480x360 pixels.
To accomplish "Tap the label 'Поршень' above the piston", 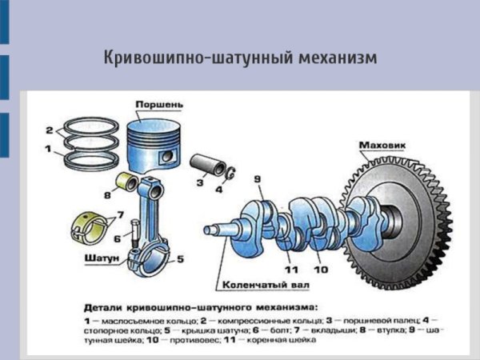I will tap(160, 105).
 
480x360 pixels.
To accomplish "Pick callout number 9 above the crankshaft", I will tap(257, 178).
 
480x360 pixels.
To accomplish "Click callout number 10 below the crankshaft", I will tap(321, 270).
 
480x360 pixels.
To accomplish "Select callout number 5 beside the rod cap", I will tap(180, 259).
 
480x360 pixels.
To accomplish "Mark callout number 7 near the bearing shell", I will tap(120, 215).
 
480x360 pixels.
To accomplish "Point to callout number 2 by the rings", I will tap(50, 130).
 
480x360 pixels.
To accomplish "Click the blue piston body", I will tap(161, 144).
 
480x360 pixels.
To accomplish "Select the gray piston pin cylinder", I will tap(210, 166).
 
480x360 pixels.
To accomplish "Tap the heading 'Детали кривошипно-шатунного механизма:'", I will tap(200, 306).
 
